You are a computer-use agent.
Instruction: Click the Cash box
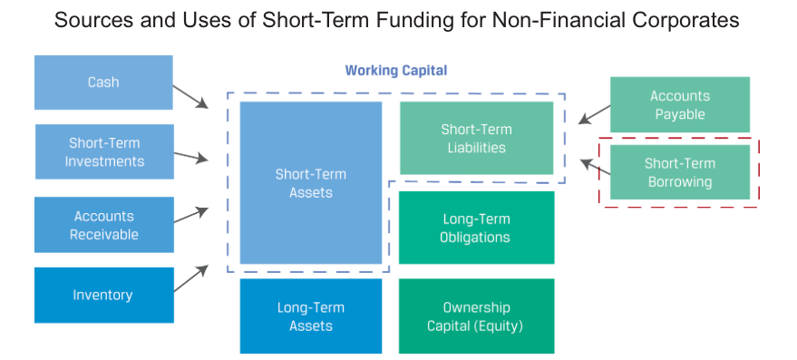point(103,83)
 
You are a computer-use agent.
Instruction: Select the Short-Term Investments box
point(104,151)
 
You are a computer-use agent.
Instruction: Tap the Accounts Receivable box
point(104,225)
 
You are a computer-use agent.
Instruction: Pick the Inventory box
point(104,295)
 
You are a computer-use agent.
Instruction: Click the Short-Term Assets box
point(311,183)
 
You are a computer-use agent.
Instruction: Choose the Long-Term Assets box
point(311,316)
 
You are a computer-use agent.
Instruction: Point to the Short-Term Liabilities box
point(476,138)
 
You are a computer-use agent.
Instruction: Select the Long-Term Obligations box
point(476,228)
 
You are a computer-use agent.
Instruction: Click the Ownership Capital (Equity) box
point(476,316)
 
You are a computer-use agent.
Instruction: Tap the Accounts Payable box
point(680,105)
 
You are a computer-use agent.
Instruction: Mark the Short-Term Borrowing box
point(680,172)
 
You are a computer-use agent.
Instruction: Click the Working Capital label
point(396,70)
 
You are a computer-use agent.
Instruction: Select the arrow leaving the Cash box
point(190,97)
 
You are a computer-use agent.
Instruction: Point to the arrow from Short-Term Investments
point(191,157)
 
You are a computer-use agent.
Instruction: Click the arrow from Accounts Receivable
point(191,215)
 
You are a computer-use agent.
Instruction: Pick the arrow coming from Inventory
point(191,278)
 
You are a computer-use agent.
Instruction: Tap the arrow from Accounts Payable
point(595,114)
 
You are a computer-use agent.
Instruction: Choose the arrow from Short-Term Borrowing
point(595,167)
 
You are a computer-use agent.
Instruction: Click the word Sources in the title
point(85,20)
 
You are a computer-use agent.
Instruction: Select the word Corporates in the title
point(695,21)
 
